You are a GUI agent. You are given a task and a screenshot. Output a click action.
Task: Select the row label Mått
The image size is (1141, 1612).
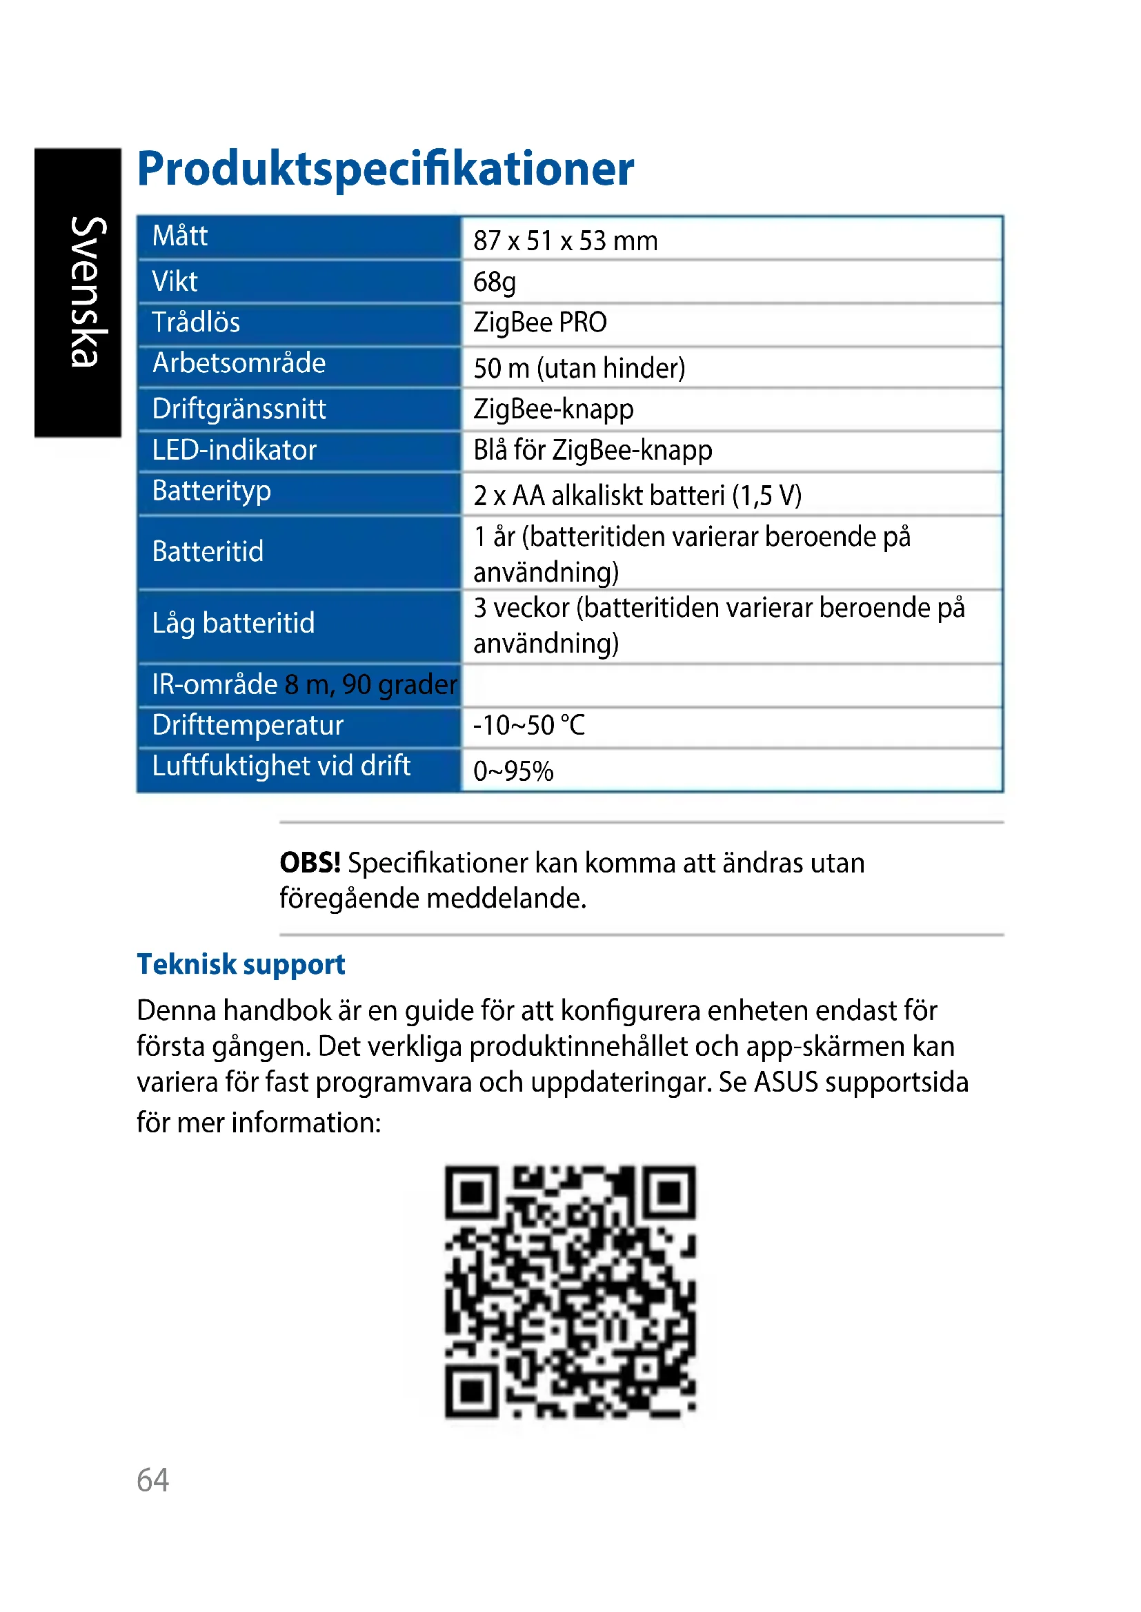pos(180,236)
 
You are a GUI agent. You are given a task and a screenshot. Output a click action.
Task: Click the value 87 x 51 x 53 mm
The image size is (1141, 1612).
pos(565,241)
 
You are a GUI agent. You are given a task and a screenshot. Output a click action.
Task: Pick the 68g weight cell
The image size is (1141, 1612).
pos(494,283)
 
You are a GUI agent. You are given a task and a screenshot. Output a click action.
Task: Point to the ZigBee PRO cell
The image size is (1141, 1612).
pos(539,323)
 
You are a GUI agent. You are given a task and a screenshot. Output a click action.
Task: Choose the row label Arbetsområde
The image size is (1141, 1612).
pos(239,363)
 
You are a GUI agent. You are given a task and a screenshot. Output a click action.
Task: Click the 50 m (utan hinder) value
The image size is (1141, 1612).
pos(579,368)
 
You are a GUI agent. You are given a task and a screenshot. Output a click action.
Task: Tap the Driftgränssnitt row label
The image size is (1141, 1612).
pos(239,409)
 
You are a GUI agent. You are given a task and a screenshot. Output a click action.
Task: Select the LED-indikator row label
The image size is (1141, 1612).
pos(234,450)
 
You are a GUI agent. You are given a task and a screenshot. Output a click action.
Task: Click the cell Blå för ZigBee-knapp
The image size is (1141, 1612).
pos(593,450)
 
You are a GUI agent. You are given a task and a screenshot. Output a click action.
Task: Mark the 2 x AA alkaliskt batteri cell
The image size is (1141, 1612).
pos(637,496)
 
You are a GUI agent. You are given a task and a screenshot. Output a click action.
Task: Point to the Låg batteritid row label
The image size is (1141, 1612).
pos(233,623)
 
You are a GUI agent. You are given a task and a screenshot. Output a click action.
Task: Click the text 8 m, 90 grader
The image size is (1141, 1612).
pos(370,684)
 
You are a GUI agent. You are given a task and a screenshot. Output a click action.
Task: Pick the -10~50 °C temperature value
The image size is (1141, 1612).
pos(528,725)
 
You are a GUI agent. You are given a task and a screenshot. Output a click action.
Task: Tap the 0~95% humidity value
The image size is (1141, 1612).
pos(513,771)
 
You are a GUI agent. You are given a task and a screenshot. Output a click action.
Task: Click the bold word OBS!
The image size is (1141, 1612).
pos(310,863)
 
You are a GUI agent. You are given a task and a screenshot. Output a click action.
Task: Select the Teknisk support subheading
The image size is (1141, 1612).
pos(241,965)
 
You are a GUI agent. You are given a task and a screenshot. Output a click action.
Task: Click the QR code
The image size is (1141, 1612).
pos(570,1291)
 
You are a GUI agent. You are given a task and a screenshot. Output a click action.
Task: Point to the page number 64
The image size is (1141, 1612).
pos(152,1480)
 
